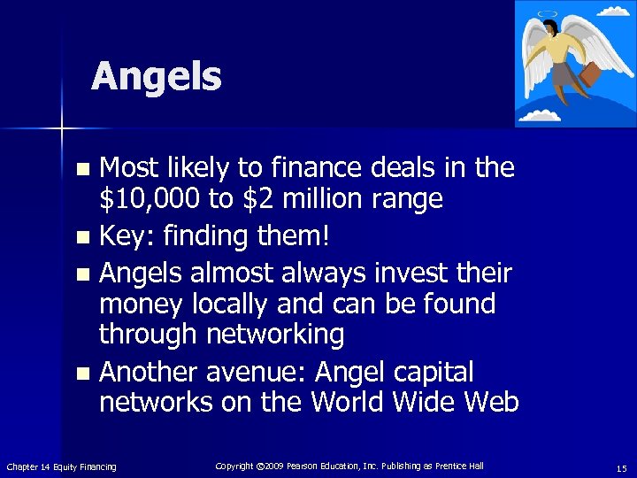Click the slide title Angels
point(156,77)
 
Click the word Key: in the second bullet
point(127,236)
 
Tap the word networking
point(275,334)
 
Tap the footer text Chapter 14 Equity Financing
point(61,466)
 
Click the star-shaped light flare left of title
point(62,130)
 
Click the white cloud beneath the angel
point(541,114)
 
